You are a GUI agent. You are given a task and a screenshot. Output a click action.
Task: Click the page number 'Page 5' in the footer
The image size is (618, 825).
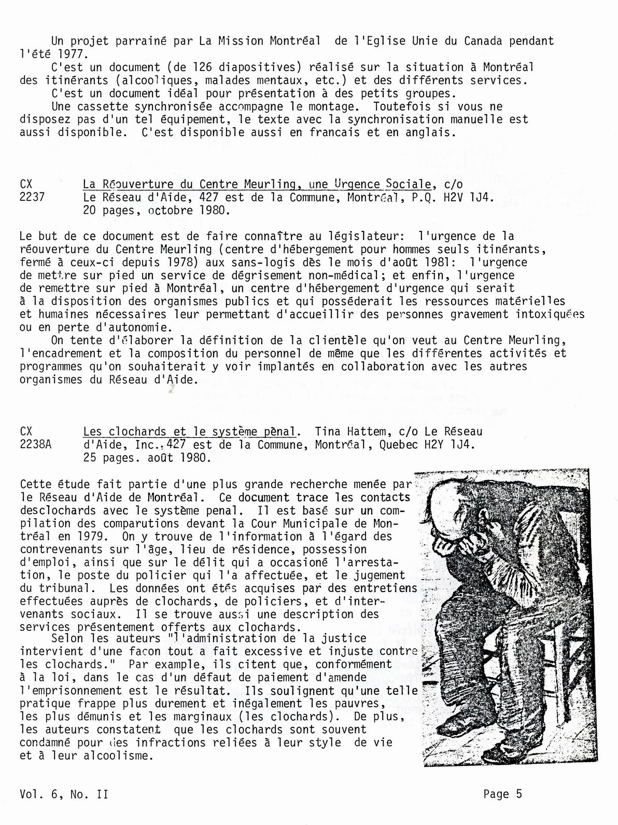502,794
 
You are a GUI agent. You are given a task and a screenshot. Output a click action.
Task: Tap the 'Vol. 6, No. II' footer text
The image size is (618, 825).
64,794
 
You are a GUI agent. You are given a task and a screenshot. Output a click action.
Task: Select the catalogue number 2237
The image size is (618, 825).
32,197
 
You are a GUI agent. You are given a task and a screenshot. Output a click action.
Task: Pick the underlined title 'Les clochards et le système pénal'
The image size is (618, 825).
189,432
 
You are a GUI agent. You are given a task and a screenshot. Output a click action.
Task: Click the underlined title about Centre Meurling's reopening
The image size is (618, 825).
257,184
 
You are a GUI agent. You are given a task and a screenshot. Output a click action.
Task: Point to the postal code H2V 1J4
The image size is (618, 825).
459,197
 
